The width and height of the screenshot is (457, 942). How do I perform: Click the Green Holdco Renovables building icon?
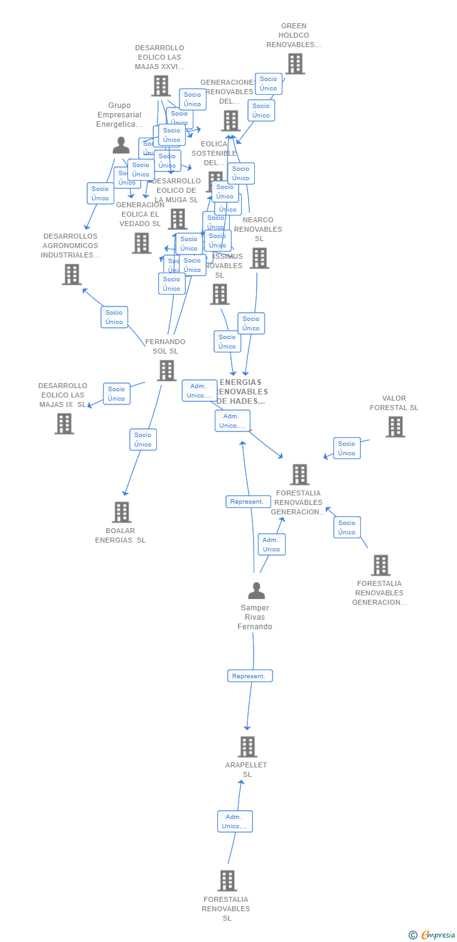coord(295,63)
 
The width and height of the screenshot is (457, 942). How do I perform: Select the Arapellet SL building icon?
coord(247,747)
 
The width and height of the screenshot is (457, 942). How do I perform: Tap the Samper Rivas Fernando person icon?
coord(256,591)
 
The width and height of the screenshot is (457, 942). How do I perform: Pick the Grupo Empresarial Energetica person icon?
coord(121,145)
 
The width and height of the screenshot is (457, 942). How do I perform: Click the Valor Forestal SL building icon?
coord(395,427)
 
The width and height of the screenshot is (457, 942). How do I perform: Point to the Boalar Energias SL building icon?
coord(122,512)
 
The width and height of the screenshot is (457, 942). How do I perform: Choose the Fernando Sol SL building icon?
coord(166,371)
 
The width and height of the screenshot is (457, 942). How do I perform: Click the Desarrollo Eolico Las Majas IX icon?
coord(64,424)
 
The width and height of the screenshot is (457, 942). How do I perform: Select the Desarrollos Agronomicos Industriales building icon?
coord(72,274)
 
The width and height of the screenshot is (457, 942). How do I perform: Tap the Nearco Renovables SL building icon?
coord(259,258)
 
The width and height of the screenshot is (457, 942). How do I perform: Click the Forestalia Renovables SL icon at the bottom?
coord(227,880)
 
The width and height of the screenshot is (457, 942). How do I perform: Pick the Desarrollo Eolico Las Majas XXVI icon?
coord(161,85)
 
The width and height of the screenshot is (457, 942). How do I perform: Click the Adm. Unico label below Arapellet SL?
coord(235,821)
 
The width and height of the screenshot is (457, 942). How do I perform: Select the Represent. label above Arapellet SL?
coord(250,676)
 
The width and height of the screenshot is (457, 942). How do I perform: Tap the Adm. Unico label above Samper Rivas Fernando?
coord(271,544)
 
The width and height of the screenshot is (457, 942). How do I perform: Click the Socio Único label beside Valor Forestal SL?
coord(347,448)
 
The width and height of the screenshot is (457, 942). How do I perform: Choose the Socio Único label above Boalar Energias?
coord(143,440)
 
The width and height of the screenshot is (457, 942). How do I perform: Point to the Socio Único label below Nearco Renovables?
coord(251,323)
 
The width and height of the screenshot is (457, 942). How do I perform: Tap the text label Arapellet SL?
coord(247,769)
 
